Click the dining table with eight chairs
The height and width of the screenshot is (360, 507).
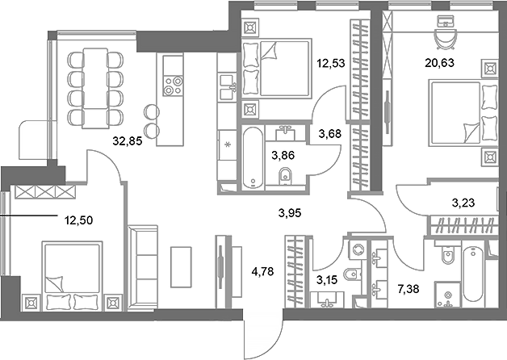[96, 86]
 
